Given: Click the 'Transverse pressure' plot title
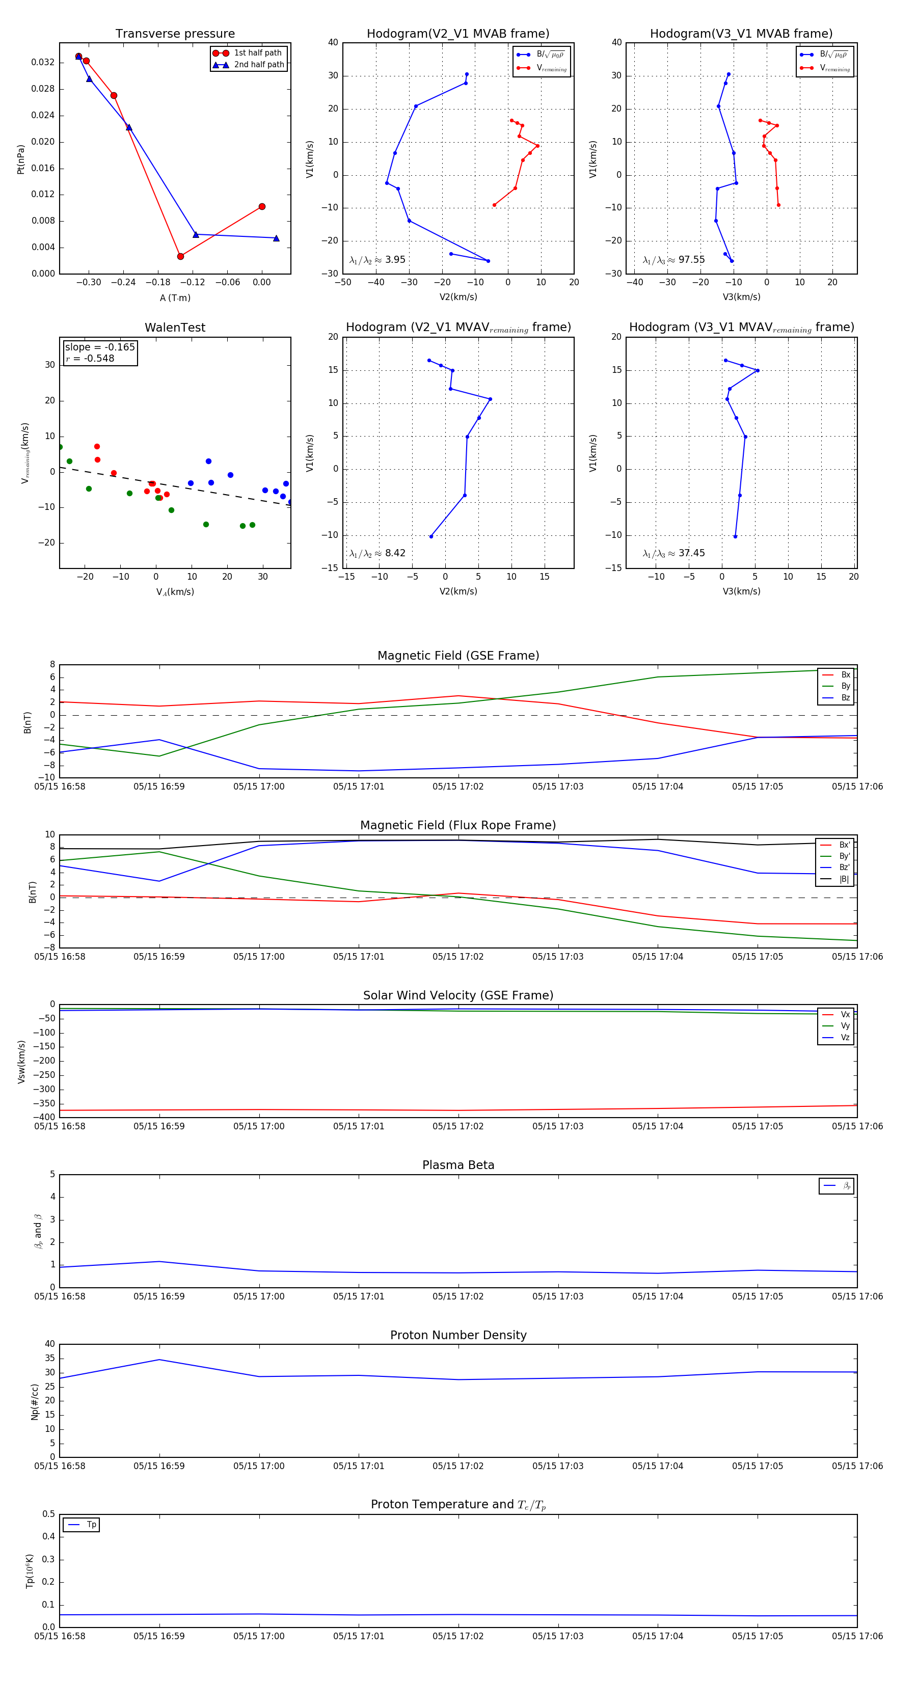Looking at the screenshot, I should pyautogui.click(x=175, y=34).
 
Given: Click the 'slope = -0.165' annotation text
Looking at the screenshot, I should pyautogui.click(x=100, y=347).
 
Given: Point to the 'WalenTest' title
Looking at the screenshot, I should pyautogui.click(x=175, y=328).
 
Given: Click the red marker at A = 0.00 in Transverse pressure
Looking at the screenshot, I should pyautogui.click(x=262, y=207).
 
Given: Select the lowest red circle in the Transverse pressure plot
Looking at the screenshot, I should pyautogui.click(x=180, y=256).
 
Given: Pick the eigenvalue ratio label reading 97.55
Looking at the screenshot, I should pyautogui.click(x=673, y=260).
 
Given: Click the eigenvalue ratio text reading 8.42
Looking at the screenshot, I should pyautogui.click(x=377, y=553).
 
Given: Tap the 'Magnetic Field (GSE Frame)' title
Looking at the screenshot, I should pyautogui.click(x=458, y=656).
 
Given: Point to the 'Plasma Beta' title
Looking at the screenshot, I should pyautogui.click(x=458, y=1165).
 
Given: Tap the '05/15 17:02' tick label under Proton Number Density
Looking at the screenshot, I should pyautogui.click(x=458, y=1467).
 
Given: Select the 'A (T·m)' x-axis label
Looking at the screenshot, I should pyautogui.click(x=175, y=298).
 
